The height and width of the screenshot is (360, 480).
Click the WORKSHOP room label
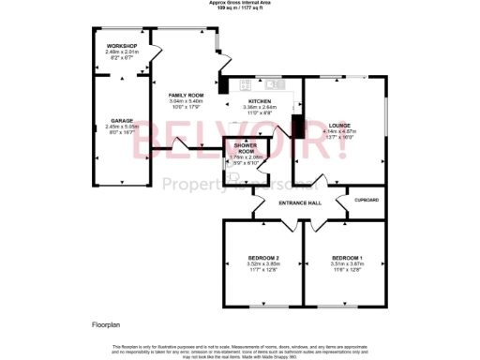(x=122, y=46)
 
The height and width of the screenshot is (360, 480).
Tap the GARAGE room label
(x=122, y=121)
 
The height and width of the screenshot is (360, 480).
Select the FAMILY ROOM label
(x=186, y=96)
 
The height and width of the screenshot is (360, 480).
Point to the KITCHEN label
(x=260, y=100)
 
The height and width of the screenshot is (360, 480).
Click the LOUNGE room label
(x=339, y=124)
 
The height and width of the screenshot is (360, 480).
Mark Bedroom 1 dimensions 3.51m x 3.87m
(x=347, y=264)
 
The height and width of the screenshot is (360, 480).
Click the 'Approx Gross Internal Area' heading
(x=240, y=3)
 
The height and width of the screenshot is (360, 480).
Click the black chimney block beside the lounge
(x=297, y=127)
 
